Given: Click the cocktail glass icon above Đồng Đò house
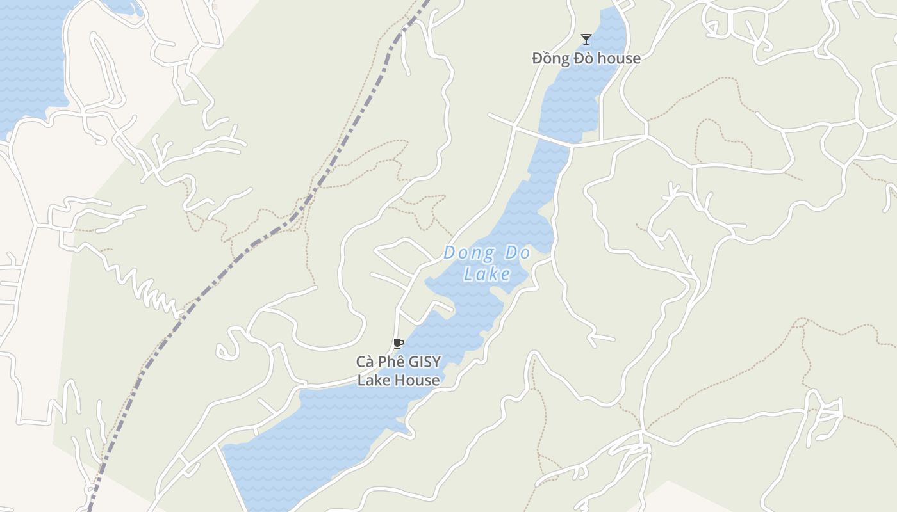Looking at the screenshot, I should [586, 40].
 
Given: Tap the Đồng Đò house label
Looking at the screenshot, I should [586, 58].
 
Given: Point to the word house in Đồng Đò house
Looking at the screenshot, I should [617, 58].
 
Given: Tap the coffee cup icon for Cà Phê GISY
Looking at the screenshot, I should [398, 344].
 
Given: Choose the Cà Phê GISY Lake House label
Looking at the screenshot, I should [398, 371].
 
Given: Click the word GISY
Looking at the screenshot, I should [425, 362].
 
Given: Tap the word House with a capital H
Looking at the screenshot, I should [416, 380].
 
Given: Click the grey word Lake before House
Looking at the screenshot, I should [373, 380].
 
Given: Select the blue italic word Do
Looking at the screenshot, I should [518, 253].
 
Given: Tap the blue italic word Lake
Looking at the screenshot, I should [487, 275].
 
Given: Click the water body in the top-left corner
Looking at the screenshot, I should [29, 58].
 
